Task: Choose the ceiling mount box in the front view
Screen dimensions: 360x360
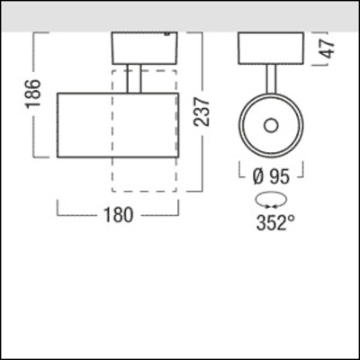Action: point(270,49)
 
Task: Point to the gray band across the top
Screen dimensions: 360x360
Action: point(180,14)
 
